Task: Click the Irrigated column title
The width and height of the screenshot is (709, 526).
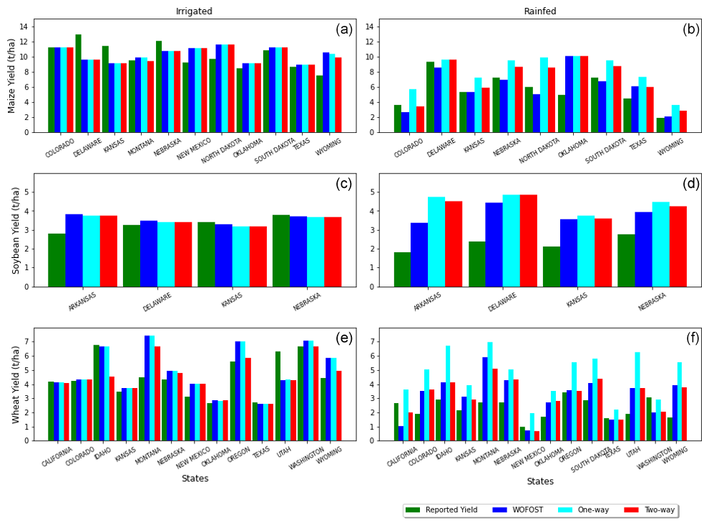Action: point(194,11)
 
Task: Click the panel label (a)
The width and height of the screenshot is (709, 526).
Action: point(344,29)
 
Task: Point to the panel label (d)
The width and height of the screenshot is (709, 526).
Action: point(691,184)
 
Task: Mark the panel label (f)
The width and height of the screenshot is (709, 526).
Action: point(692,338)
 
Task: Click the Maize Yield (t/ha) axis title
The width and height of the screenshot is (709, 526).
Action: point(12,76)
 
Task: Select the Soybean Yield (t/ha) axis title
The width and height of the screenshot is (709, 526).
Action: point(16,230)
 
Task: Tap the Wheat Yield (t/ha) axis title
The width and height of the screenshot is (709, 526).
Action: point(16,384)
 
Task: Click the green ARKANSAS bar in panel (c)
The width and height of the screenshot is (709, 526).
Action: point(57,260)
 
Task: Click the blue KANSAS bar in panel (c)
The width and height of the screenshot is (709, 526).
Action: point(223,255)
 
